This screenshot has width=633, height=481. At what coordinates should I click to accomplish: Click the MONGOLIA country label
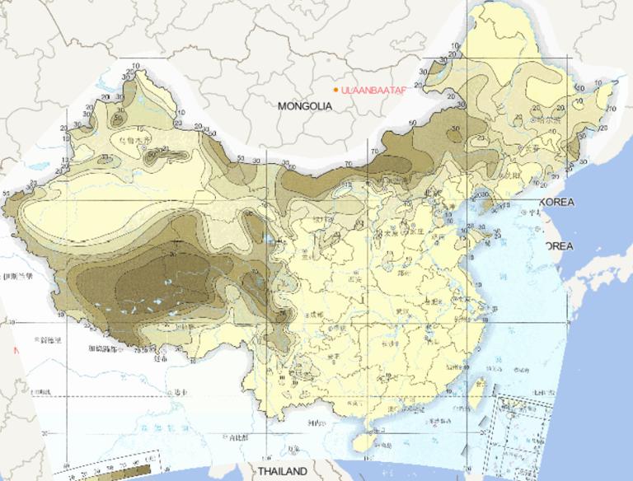coord(304,106)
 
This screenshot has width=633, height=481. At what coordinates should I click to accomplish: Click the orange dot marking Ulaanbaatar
coord(336,90)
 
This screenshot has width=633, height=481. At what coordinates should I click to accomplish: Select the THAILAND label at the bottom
coord(283,471)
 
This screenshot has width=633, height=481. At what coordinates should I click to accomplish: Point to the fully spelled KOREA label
coord(556,202)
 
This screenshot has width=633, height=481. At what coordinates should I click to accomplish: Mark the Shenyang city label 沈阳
coord(514,175)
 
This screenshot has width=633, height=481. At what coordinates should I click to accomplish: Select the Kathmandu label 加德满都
coord(104,349)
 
